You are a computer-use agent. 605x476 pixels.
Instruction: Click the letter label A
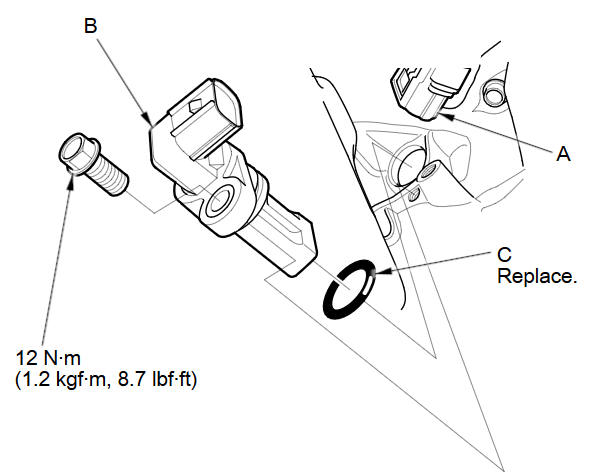tap(563, 155)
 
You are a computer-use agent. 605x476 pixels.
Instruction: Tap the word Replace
tap(537, 275)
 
